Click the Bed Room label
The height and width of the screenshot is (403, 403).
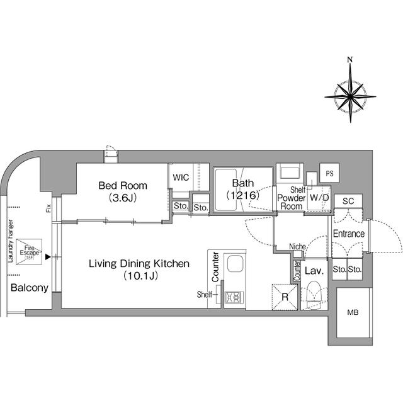point(123,186)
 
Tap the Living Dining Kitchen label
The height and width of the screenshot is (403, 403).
point(139,264)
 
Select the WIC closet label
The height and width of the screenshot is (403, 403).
point(181,178)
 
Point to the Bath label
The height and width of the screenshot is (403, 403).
point(243,183)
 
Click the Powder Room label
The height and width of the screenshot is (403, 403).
point(291,202)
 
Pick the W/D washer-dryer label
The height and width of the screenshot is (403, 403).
point(319,198)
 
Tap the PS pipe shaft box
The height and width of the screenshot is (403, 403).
point(329,173)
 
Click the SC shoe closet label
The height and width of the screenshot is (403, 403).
point(348,201)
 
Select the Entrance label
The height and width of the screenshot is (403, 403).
point(349,234)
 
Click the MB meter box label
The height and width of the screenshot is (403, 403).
point(353,312)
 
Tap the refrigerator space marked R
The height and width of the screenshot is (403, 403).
point(285,297)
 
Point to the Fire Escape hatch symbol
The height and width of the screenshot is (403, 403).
point(29,252)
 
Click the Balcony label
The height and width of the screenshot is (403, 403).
point(30,288)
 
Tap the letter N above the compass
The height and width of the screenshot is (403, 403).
point(350,60)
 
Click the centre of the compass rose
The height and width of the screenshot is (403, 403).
point(350,97)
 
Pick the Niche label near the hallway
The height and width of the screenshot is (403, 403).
point(297,246)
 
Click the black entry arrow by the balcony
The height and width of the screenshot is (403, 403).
point(48,257)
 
